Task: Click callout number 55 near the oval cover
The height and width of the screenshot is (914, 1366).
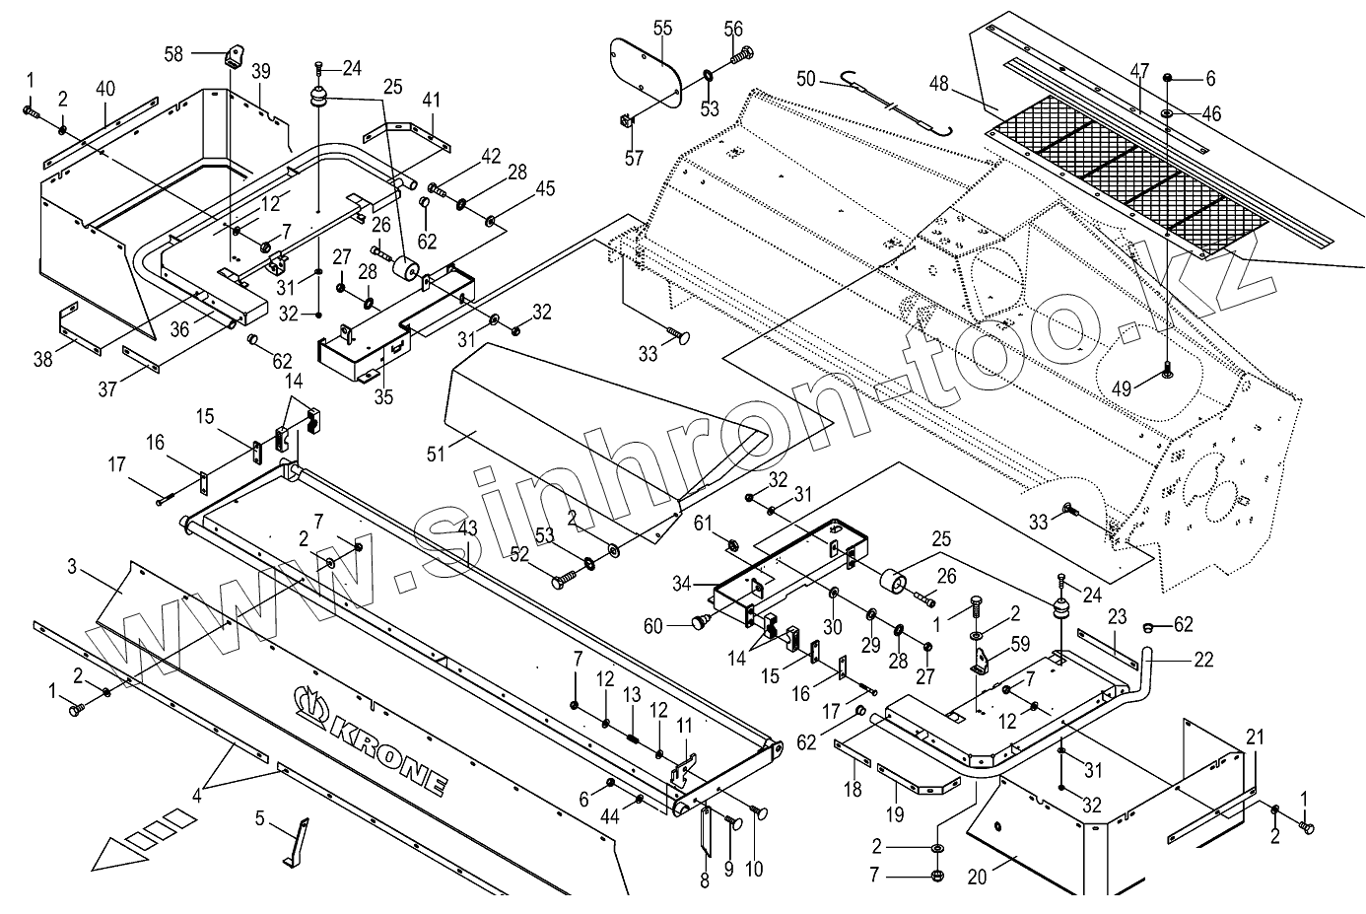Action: (x=662, y=28)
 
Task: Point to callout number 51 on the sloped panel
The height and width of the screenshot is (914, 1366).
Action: (x=437, y=453)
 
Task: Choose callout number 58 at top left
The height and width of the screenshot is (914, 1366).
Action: (x=173, y=54)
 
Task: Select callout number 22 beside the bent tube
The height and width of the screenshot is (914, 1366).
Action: (x=1204, y=660)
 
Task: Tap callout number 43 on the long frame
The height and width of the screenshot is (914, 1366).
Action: (x=467, y=528)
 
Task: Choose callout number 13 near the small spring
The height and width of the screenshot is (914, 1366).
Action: (x=632, y=696)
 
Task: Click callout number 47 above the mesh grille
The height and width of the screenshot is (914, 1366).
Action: (x=1139, y=70)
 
